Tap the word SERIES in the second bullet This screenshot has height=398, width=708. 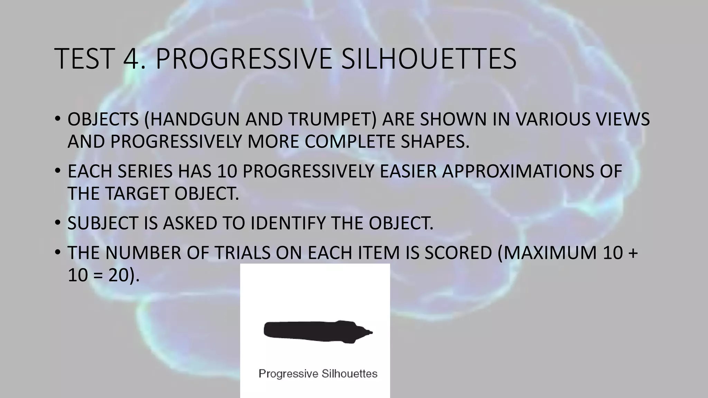145,171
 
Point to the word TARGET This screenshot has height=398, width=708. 138,193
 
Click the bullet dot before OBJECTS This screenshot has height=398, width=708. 57,120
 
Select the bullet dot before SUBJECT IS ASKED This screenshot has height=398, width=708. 57,223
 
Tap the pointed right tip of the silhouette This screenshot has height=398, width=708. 371,333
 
